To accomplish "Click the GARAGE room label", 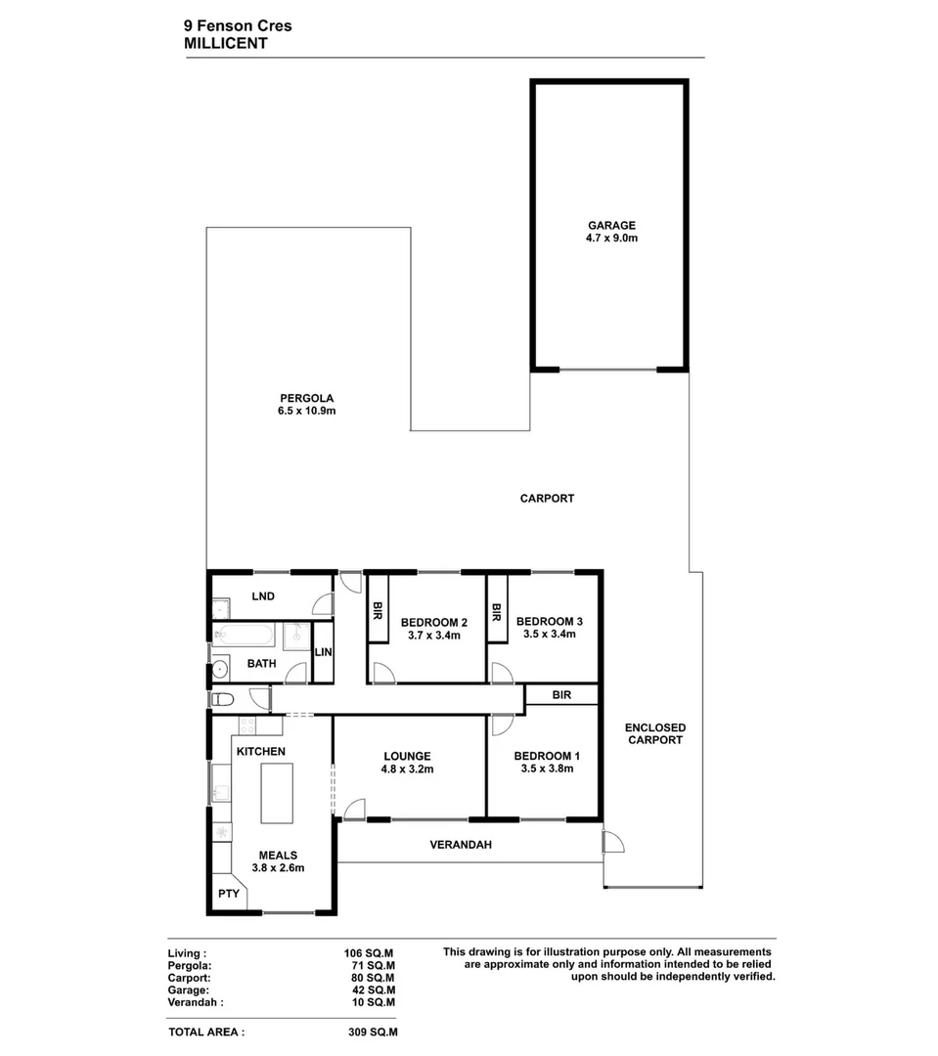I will pos(611,225).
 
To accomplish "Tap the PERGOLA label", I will pos(307,398).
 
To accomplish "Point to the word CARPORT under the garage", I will pos(547,499).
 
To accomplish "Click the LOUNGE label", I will pos(407,756).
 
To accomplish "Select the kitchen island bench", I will pos(273,794).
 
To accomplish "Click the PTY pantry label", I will pos(229,894).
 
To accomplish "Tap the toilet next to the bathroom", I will pos(222,700).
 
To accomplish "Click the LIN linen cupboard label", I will pos(323,653).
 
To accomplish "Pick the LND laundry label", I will pos(263,596).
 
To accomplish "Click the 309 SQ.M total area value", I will pos(373,1031).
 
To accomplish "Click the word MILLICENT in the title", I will pos(225,43).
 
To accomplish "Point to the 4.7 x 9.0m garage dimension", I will pos(611,238).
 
